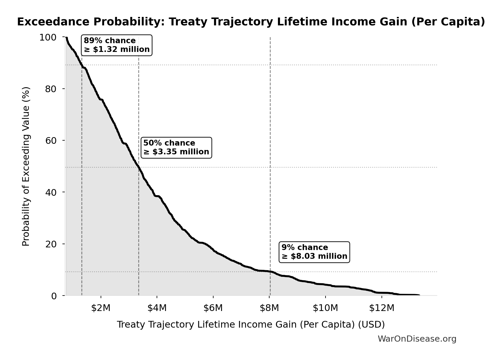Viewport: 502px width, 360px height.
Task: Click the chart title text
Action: (251, 22)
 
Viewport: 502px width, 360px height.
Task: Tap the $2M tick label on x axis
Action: (101, 308)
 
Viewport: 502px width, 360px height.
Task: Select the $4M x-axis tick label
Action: (157, 308)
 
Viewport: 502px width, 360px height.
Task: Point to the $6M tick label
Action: (213, 308)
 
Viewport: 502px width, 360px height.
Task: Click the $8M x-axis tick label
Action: (269, 308)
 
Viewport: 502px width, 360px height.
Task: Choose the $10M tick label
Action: (326, 308)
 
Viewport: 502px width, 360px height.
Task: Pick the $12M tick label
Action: (382, 308)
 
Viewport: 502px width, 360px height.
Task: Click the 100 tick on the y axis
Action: (48, 37)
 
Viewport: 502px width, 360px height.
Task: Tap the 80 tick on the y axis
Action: (51, 89)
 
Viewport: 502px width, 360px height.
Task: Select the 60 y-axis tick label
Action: (51, 141)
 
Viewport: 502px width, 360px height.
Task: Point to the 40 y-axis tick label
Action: (51, 192)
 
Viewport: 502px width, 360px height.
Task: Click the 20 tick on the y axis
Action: (51, 244)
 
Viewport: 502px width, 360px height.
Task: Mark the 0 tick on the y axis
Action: (54, 296)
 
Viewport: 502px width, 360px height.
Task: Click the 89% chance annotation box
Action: (116, 45)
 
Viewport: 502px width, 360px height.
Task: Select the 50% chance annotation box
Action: (176, 148)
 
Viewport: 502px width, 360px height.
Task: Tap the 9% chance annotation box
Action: (314, 252)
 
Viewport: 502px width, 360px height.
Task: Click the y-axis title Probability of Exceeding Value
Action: (26, 166)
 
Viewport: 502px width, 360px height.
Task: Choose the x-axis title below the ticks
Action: (251, 325)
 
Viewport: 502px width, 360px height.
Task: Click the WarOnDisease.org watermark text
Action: (417, 339)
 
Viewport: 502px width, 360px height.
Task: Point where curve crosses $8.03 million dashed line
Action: (270, 272)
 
